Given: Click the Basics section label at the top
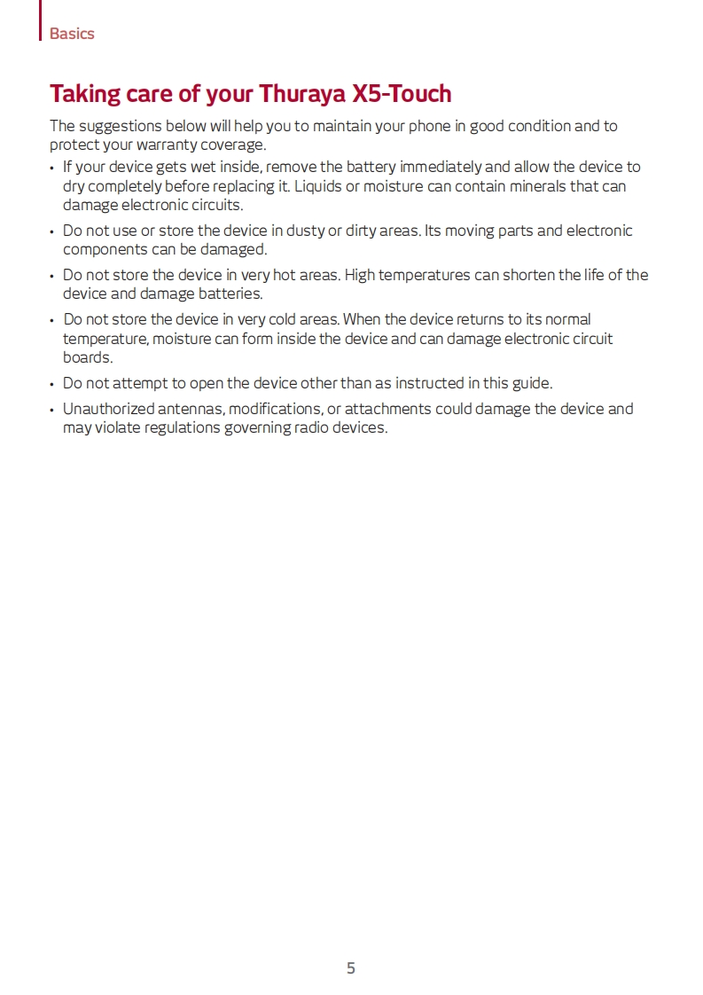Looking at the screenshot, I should pyautogui.click(x=72, y=34).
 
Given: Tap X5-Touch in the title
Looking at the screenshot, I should pyautogui.click(x=402, y=93).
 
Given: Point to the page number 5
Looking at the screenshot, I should pyautogui.click(x=351, y=968).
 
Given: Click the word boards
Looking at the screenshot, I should pyautogui.click(x=87, y=357).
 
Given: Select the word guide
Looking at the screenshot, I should pyautogui.click(x=530, y=383).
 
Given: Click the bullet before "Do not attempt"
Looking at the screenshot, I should pyautogui.click(x=52, y=384).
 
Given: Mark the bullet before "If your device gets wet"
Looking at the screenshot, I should pyautogui.click(x=52, y=168).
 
